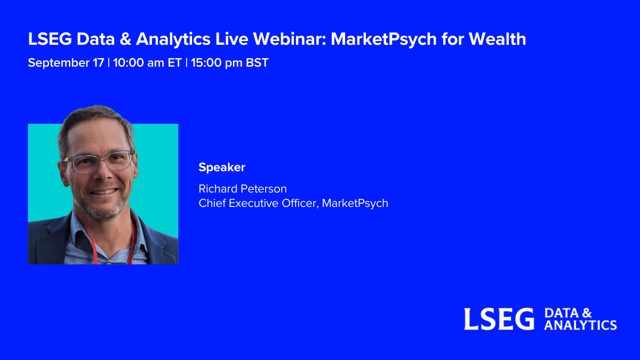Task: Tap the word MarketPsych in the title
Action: point(383,39)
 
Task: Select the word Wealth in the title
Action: point(497,39)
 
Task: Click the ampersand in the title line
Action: point(125,39)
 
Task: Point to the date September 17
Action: point(66,63)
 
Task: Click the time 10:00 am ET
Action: point(147,62)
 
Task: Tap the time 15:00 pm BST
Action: point(230,63)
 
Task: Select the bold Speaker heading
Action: point(222,167)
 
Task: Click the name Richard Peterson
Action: point(243,189)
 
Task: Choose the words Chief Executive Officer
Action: point(258,203)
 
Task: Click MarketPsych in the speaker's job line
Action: point(355,203)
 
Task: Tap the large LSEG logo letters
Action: point(499,319)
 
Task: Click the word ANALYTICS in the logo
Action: point(580,325)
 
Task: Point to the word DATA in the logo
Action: point(562,313)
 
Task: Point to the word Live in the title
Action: point(231,39)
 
